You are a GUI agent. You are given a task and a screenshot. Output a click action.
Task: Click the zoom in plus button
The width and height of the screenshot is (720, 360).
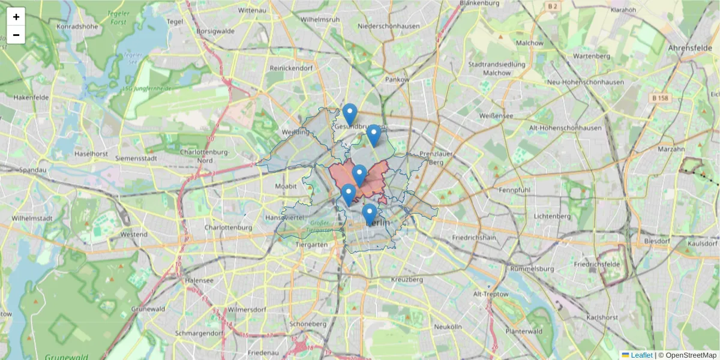coord(16,17)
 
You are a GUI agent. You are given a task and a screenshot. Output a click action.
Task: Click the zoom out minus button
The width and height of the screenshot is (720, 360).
coord(16,35)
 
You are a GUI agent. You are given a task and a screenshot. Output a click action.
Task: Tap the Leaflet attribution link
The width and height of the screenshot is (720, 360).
coord(641,355)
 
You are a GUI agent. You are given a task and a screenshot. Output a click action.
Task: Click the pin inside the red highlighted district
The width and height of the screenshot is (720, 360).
coord(359,175)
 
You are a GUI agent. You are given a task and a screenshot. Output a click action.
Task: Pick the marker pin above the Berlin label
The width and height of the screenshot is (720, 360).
coord(370,214)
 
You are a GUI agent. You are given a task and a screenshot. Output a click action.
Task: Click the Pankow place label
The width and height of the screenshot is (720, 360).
coord(397,79)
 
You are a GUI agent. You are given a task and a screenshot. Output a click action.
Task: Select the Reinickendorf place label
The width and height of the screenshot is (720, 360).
coord(291,68)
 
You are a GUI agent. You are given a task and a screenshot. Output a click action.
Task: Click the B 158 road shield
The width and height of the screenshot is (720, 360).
coord(661,98)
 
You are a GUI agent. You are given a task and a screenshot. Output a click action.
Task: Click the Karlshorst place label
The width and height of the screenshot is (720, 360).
coord(602,316)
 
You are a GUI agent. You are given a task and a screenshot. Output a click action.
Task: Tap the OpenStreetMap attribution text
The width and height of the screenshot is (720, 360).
coord(691,355)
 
